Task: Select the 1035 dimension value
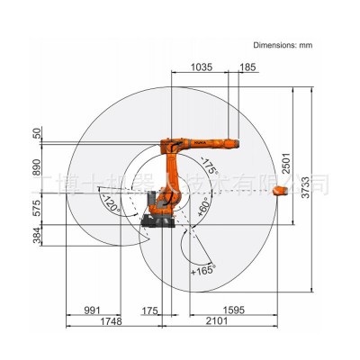point(202,67)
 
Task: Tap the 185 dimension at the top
point(248,67)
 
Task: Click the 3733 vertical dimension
point(307,184)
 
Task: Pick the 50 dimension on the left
point(37,133)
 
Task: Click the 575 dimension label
point(37,208)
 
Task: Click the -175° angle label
point(210,167)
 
